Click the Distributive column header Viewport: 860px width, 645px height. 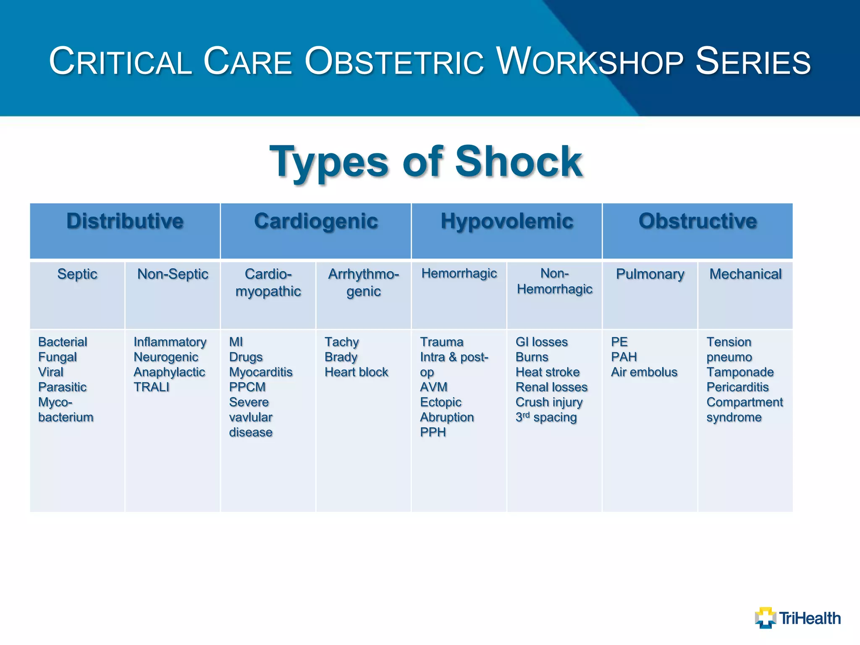click(x=125, y=221)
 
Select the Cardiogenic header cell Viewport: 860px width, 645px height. click(x=316, y=221)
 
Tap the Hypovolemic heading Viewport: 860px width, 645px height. click(x=507, y=221)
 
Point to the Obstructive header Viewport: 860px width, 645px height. click(x=697, y=221)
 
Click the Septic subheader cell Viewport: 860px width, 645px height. click(x=77, y=274)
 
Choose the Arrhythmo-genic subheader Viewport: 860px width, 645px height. click(x=364, y=283)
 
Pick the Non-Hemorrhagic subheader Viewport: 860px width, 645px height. click(x=554, y=281)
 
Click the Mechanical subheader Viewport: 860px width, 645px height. click(x=745, y=274)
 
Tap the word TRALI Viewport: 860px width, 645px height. click(x=151, y=387)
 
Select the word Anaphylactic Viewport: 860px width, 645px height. click(x=169, y=372)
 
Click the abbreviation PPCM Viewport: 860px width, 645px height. click(x=247, y=387)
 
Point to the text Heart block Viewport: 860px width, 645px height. click(x=356, y=372)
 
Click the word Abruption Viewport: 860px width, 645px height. click(x=447, y=417)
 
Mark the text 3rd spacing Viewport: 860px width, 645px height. click(x=546, y=417)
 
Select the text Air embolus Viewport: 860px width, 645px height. click(x=644, y=372)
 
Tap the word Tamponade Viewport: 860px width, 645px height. click(x=740, y=372)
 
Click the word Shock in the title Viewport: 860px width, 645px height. click(x=519, y=162)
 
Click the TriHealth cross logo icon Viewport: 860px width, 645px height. click(x=766, y=618)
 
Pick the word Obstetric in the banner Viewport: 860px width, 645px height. click(x=394, y=62)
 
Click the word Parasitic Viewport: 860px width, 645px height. click(x=62, y=387)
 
